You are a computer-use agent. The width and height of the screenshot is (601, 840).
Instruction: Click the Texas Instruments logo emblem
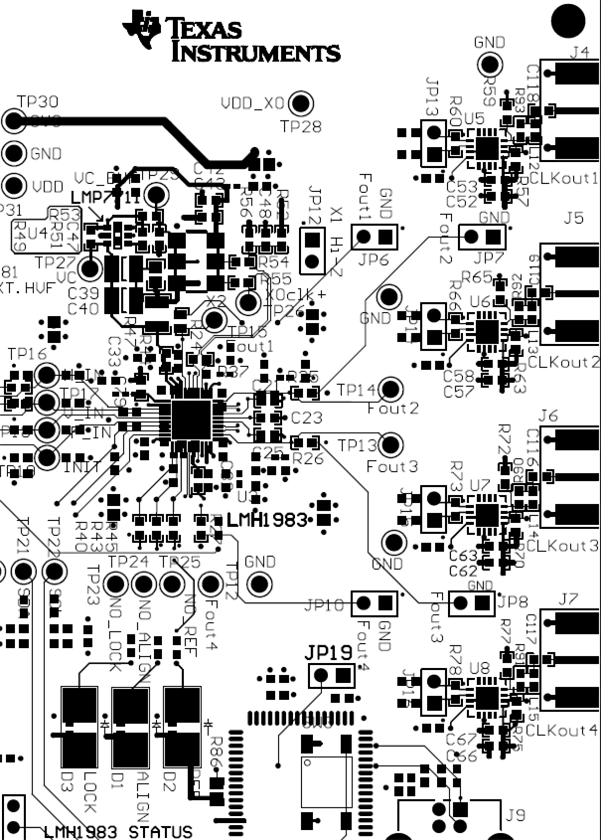click(141, 30)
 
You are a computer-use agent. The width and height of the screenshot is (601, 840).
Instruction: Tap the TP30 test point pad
click(13, 121)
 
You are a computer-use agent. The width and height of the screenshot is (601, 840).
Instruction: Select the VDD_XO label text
click(249, 101)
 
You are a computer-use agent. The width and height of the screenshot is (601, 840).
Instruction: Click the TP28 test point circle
click(300, 102)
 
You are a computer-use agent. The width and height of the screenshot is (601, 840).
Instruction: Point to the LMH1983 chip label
click(267, 520)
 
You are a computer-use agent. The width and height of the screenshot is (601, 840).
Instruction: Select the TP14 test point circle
click(390, 390)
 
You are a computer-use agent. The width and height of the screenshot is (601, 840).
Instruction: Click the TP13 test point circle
click(390, 445)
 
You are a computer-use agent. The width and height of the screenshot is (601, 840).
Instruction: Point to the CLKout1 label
click(564, 178)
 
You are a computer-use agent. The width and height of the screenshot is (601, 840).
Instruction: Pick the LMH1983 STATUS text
click(117, 831)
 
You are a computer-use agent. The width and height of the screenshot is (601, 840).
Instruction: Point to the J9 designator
click(514, 815)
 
